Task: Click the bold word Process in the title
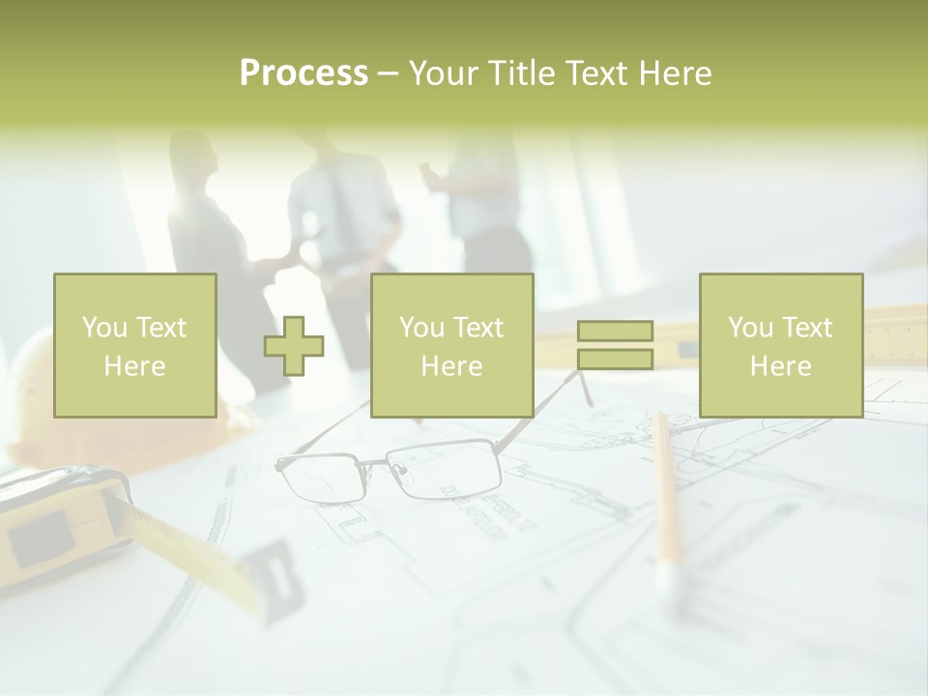click(x=304, y=73)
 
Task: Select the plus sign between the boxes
click(x=294, y=347)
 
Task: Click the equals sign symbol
click(x=615, y=345)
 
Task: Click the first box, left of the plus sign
click(x=135, y=345)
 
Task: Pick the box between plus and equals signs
click(x=451, y=345)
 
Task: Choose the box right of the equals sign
click(x=780, y=345)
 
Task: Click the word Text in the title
click(x=595, y=73)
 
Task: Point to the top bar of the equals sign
click(x=615, y=332)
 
